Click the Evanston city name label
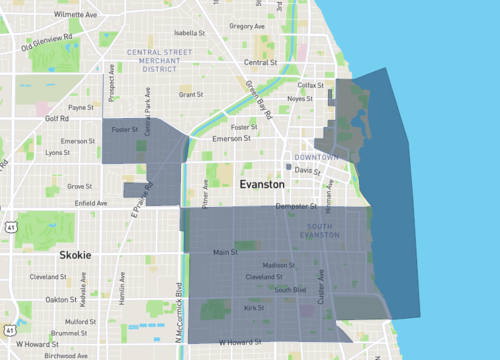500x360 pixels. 262,185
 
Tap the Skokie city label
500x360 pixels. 75,255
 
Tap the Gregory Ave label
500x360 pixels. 246,26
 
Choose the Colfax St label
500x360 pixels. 314,85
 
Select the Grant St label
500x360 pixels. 190,95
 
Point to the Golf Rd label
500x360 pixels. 58,117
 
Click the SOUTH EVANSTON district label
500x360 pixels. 338,228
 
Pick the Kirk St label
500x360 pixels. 251,308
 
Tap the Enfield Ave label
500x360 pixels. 90,203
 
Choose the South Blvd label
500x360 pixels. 291,290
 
